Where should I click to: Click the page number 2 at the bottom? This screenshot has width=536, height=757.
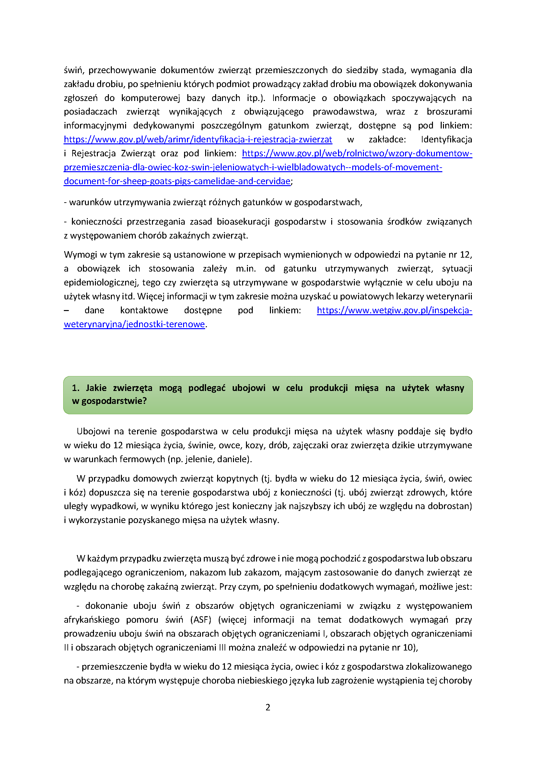pos(268,707)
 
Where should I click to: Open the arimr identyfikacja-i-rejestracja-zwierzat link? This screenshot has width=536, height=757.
pos(198,139)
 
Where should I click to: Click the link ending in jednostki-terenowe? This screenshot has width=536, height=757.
pos(134,324)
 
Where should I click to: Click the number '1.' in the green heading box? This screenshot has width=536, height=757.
pos(76,388)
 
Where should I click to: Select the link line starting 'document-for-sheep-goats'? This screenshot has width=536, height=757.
pos(177,181)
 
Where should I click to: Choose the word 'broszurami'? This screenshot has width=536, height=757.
pos(449,112)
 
